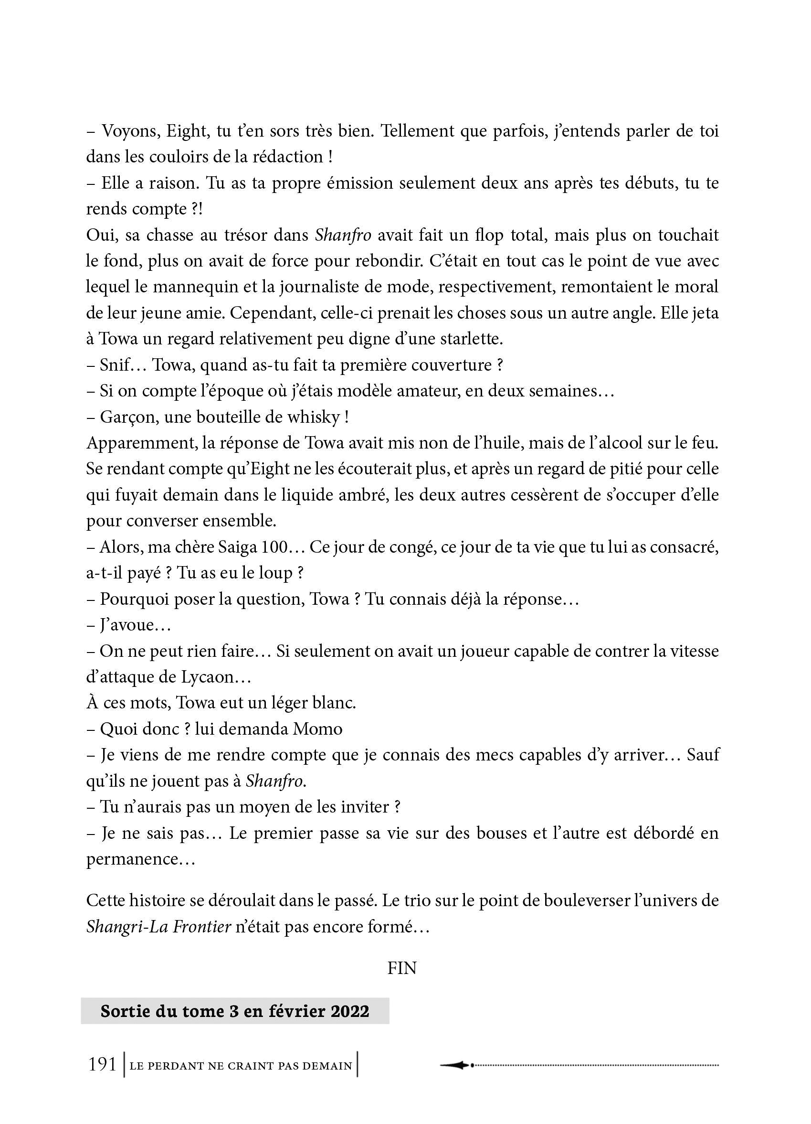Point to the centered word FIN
[401, 968]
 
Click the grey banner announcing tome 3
[235, 1011]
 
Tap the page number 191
[102, 1065]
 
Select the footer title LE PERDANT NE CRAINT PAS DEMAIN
[241, 1066]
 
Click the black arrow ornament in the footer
[455, 1065]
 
